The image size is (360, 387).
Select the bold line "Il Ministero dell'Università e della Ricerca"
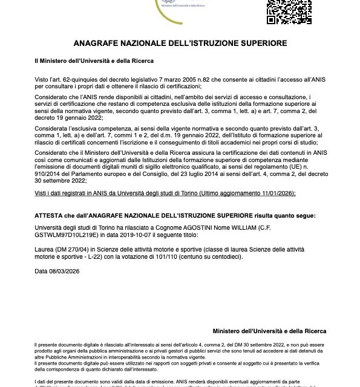(94, 61)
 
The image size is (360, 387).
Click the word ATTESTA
(50, 215)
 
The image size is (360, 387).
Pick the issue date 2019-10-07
(119, 237)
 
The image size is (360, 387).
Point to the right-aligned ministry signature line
(269, 331)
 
